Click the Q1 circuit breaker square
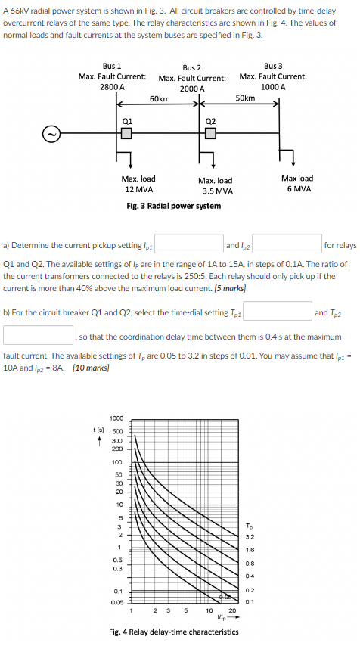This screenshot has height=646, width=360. [126, 134]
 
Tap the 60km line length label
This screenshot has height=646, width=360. [160, 99]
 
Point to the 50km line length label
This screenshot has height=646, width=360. [244, 98]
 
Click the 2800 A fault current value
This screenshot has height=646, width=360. [112, 87]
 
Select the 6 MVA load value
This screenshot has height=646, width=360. [299, 188]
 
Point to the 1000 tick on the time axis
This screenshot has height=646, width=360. [116, 418]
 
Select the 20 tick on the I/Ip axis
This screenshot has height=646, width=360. [232, 610]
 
